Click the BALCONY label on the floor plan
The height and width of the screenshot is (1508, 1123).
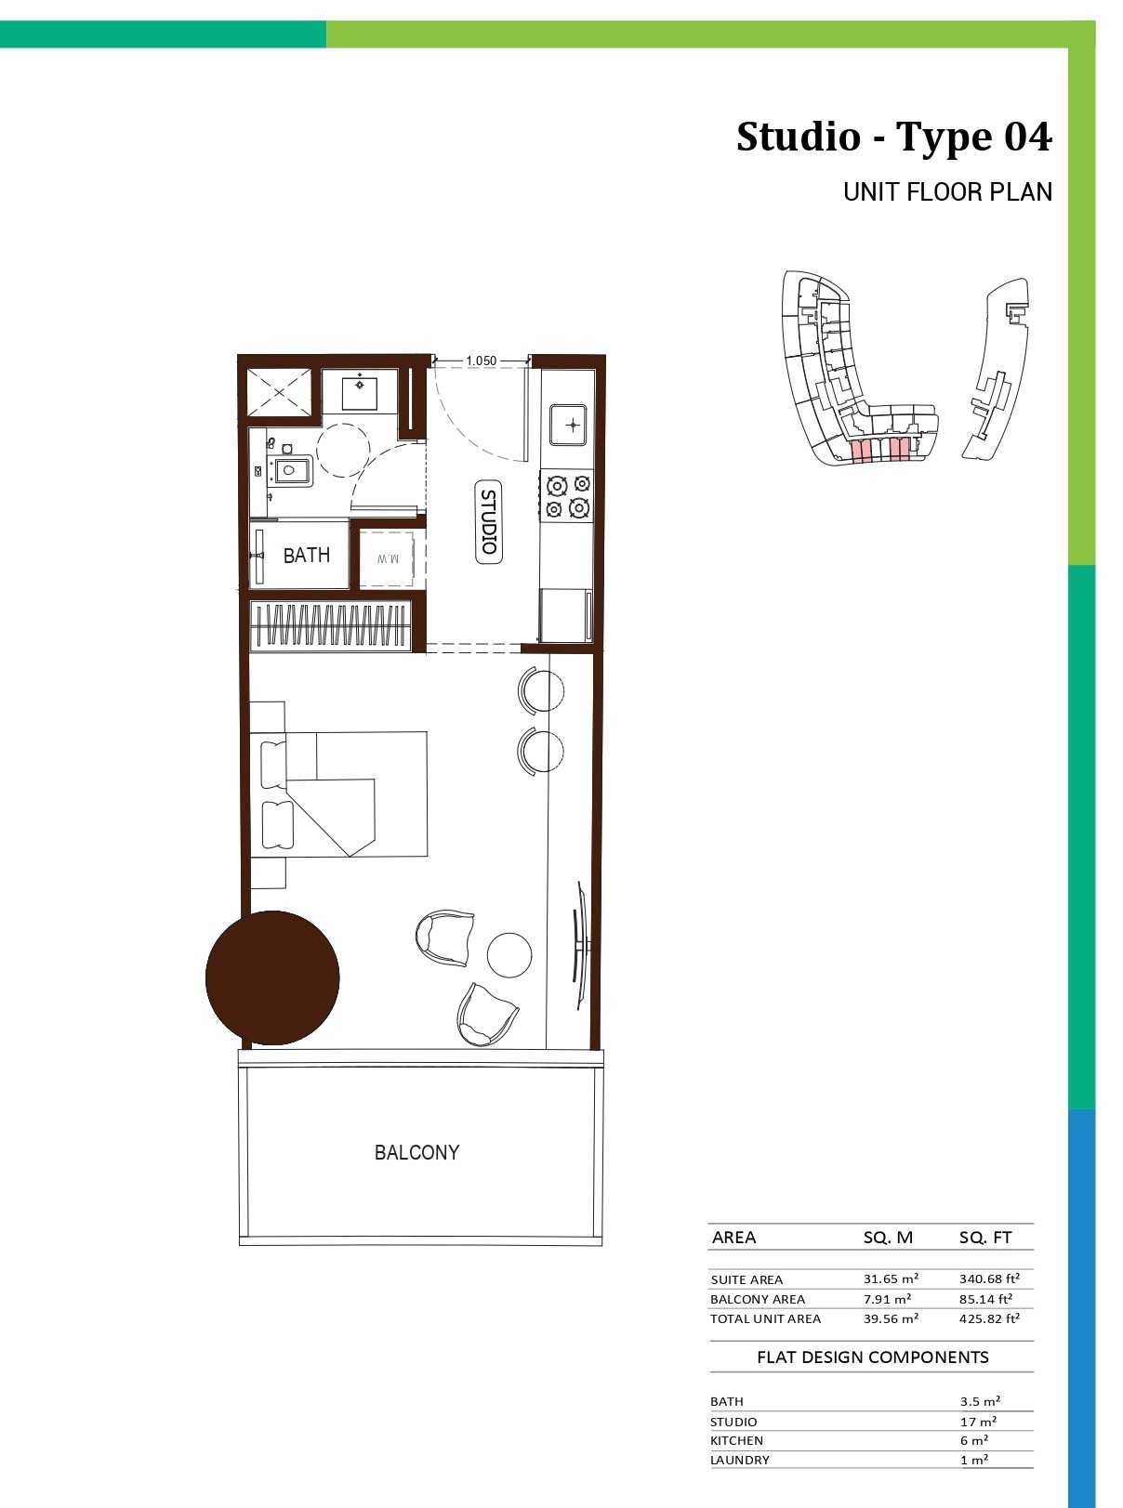(x=416, y=1152)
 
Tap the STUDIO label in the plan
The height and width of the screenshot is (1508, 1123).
(x=488, y=521)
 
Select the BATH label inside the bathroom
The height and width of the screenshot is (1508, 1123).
(x=306, y=556)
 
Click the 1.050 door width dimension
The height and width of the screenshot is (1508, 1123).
(x=481, y=361)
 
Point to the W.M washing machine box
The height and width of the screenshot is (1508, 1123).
(x=387, y=558)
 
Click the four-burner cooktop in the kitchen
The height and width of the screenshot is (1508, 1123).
(x=567, y=496)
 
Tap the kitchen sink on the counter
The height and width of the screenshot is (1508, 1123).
(x=568, y=425)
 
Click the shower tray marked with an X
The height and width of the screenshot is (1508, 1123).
(x=279, y=391)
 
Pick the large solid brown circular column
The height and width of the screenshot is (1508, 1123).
(x=272, y=977)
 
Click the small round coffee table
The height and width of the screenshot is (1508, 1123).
(x=509, y=954)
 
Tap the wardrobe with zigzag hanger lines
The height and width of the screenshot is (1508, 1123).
(x=331, y=626)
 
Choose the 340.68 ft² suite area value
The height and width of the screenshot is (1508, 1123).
(x=989, y=1279)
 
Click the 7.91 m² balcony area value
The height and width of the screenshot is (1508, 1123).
(x=887, y=1299)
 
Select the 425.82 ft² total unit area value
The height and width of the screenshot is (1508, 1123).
(x=989, y=1318)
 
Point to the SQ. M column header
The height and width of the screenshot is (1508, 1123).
(x=888, y=1238)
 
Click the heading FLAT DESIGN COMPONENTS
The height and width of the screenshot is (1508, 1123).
(x=873, y=1357)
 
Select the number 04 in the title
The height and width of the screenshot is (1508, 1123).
(x=1028, y=137)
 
